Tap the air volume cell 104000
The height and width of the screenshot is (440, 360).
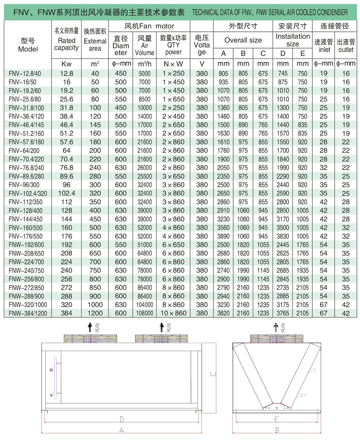tap(144, 305)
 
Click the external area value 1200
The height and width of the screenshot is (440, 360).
tap(95, 313)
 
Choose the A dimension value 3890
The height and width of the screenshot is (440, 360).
tap(224, 236)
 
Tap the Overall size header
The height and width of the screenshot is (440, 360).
tap(243, 40)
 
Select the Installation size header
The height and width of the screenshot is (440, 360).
tap(293, 40)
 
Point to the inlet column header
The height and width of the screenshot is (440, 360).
tap(324, 45)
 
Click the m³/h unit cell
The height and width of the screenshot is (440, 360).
tap(144, 64)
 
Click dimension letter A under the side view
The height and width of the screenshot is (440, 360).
tap(122, 430)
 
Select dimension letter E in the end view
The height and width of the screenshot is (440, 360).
tap(276, 419)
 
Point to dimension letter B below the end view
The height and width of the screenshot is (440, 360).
tap(277, 430)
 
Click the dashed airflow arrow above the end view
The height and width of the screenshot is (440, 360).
tap(275, 328)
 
